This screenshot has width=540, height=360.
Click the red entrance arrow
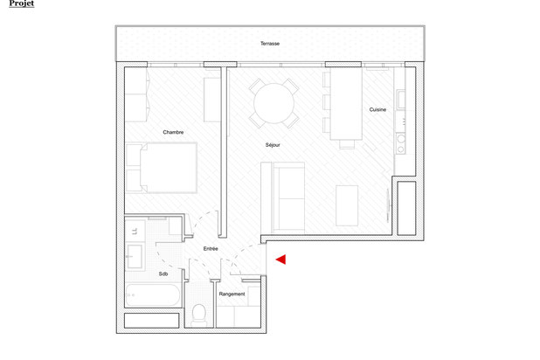point(281,260)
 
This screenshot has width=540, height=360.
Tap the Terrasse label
point(270,44)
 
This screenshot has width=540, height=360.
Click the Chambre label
point(173,132)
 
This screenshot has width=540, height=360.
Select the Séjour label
point(273,145)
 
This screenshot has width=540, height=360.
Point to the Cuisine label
point(377,109)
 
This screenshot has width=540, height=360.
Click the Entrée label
point(211,248)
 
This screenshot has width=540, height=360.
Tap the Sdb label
point(163,273)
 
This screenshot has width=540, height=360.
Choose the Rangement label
point(232,294)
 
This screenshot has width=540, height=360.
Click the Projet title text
point(21,3)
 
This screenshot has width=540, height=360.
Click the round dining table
point(273,103)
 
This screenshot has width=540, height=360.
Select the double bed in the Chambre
point(162,168)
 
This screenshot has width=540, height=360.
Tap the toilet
point(198,315)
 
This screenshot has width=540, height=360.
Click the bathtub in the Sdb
point(153,295)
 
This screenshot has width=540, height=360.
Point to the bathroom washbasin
point(135,256)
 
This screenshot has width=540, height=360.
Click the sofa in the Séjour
point(283,197)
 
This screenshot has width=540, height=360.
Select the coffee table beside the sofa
point(347,205)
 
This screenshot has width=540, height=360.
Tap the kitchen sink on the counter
point(401,100)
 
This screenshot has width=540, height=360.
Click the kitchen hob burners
point(401,144)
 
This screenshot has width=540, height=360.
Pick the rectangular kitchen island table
point(346,104)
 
